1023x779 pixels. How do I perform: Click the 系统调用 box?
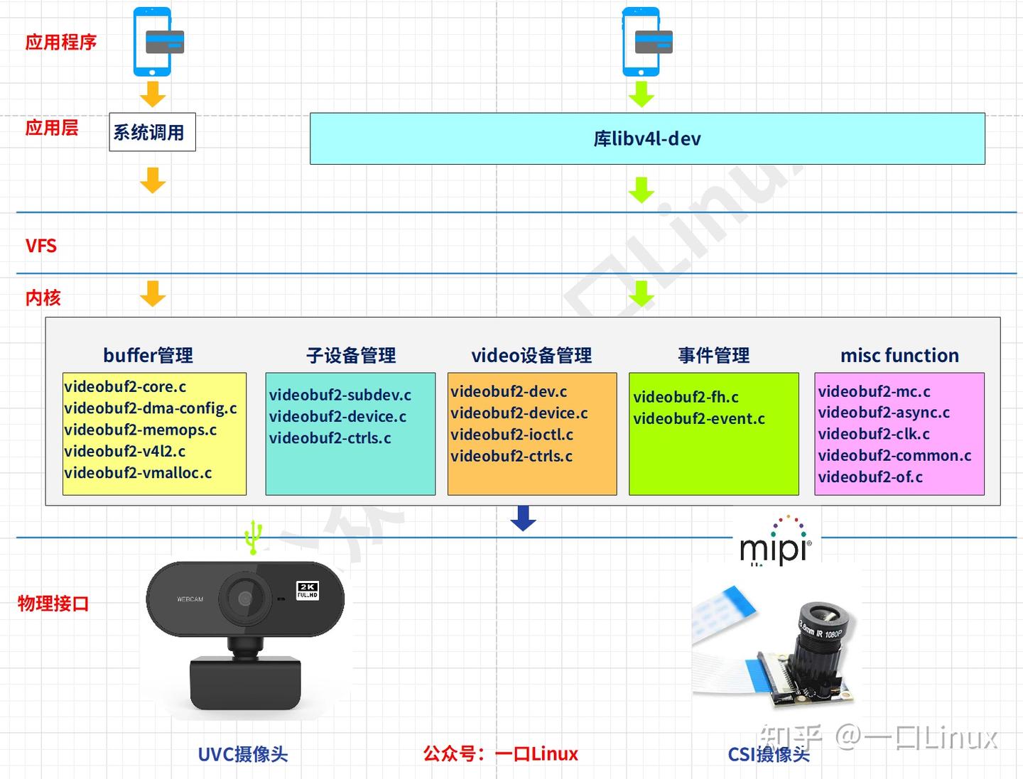pos(152,132)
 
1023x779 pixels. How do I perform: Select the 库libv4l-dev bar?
pos(646,138)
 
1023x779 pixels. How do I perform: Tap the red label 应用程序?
pos(61,42)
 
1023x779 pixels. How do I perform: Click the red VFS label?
pos(41,246)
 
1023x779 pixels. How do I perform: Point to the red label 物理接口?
pos(53,604)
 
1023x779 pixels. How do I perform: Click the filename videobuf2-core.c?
pos(125,387)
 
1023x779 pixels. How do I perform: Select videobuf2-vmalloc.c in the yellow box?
pos(138,473)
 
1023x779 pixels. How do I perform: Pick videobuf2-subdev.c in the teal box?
pos(340,395)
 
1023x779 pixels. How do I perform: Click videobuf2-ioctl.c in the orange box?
pos(511,435)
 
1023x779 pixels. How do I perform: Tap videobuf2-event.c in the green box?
pos(698,419)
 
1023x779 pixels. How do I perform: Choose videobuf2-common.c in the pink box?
pos(894,455)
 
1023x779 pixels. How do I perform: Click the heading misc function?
pos(899,355)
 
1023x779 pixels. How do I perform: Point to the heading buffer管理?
pos(148,355)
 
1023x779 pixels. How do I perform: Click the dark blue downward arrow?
pos(523,518)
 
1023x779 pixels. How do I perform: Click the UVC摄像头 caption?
pos(242,754)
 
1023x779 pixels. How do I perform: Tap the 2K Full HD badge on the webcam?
pos(307,590)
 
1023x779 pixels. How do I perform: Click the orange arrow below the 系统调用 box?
pos(152,180)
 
